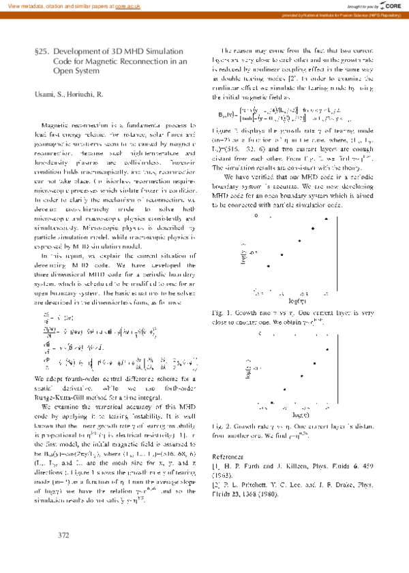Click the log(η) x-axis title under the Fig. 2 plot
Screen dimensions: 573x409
click(x=297, y=413)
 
